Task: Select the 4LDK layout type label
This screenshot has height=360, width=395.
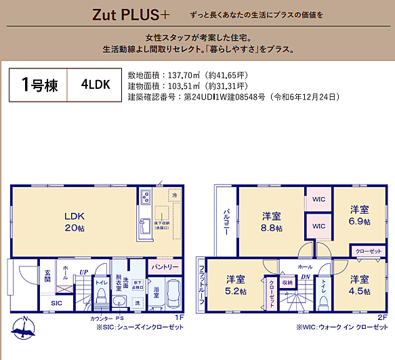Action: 95,85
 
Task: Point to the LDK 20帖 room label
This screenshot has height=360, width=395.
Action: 74,220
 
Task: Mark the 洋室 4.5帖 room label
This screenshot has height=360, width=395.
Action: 360,285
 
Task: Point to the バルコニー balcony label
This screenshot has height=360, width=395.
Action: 226,221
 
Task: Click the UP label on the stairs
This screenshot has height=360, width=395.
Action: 83,272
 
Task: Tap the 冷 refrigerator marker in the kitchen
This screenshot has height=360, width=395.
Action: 174,196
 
